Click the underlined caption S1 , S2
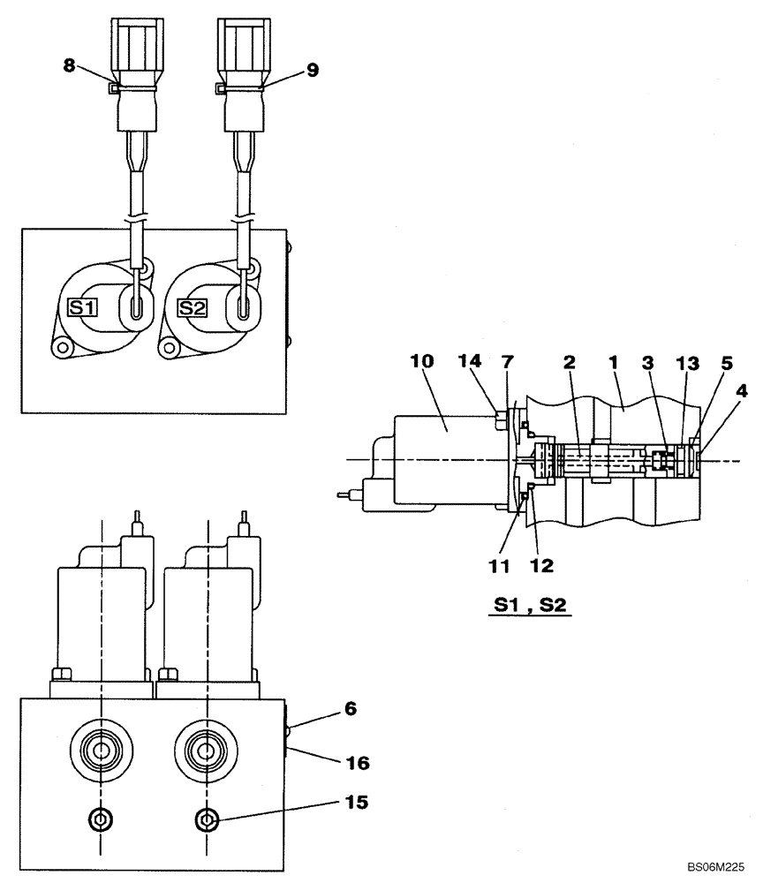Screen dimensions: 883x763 (x=526, y=608)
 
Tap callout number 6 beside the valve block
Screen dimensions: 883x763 (x=326, y=708)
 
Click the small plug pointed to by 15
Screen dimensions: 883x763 (x=207, y=820)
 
